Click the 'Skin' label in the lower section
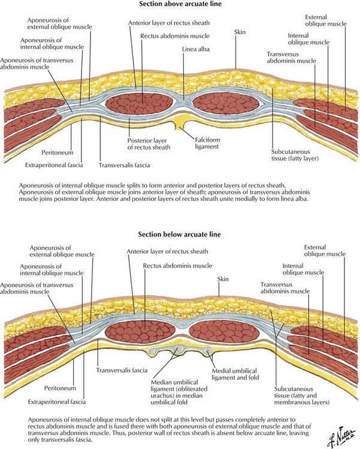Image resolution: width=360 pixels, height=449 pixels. click(222, 278)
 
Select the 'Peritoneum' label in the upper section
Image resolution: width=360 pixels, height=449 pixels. click(41, 153)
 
